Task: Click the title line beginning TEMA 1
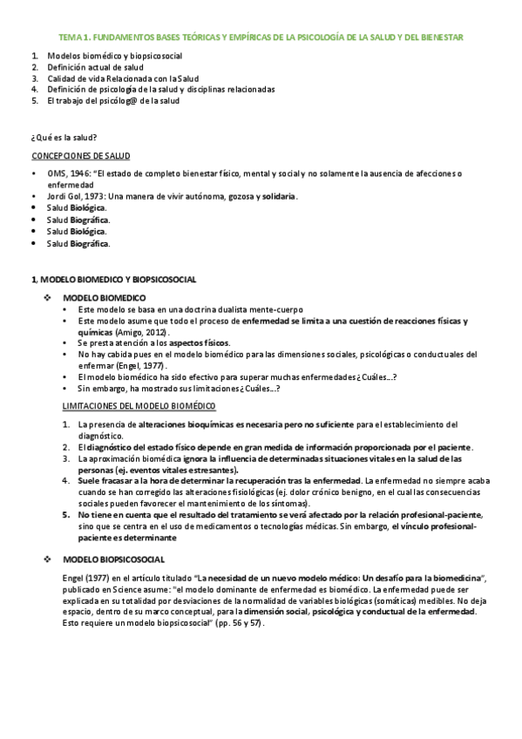click(x=261, y=38)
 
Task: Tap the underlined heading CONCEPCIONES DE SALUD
click(x=80, y=157)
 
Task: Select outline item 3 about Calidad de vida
click(x=121, y=78)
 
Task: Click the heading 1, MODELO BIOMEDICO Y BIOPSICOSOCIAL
click(x=114, y=280)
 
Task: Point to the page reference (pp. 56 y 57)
click(x=234, y=624)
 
